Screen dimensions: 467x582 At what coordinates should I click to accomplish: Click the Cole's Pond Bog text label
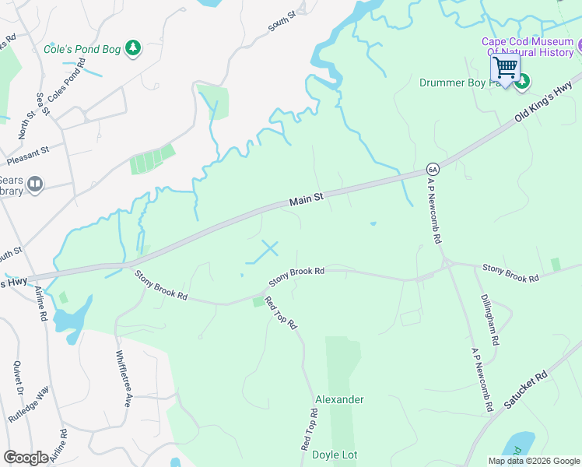tap(82, 49)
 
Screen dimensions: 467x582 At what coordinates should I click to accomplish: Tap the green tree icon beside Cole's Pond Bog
tap(134, 49)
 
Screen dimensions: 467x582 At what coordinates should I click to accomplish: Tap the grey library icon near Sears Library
tap(35, 184)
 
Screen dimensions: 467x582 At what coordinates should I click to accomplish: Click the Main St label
tap(306, 200)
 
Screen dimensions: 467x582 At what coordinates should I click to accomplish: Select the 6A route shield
tap(433, 169)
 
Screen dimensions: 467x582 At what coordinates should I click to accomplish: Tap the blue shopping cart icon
tap(505, 68)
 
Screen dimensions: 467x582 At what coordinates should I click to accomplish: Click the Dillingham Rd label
tap(489, 320)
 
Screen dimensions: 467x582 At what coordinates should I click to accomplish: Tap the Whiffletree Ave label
tap(122, 379)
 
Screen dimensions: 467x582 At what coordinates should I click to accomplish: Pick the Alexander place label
tap(339, 399)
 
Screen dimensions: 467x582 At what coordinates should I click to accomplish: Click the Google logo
tap(26, 457)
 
